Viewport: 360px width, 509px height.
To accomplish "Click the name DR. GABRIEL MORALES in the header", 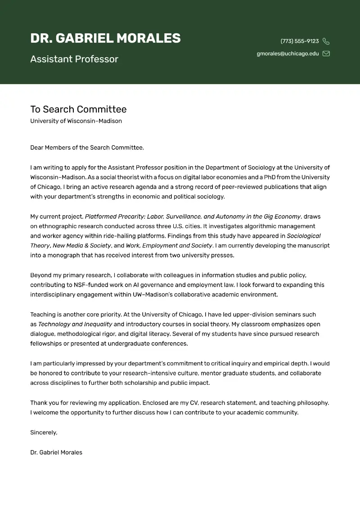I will [105, 39].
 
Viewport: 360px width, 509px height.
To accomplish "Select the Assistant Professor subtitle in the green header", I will [74, 59].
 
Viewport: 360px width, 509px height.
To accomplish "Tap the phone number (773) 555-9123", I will [299, 41].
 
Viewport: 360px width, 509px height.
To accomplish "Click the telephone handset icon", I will [326, 41].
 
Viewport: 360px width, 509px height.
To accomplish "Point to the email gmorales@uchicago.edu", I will [288, 54].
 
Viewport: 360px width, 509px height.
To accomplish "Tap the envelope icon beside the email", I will [326, 54].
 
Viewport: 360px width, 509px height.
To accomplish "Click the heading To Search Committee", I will [78, 109].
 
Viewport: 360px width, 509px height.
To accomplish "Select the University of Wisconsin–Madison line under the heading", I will [76, 121].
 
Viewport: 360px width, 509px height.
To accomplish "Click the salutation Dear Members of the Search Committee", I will [87, 148].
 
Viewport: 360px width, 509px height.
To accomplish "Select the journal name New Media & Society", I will [82, 246].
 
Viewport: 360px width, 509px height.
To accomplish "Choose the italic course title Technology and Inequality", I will [75, 324].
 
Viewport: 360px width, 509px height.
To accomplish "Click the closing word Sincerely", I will [43, 432].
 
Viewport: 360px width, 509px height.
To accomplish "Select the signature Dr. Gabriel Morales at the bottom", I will [56, 452].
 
